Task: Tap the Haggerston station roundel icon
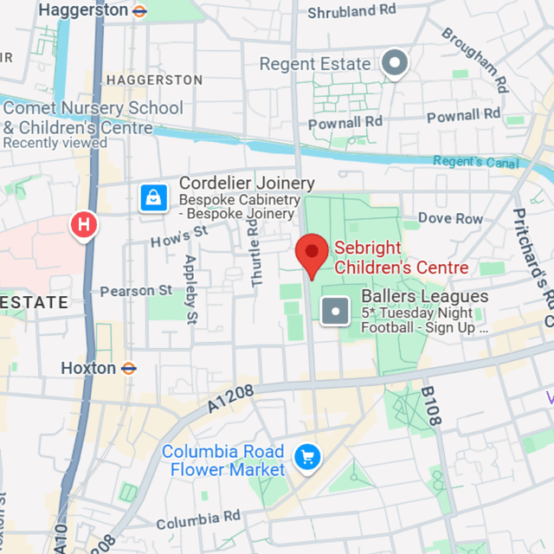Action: (139, 10)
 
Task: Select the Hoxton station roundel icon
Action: (128, 368)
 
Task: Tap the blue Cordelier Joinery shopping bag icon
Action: (153, 198)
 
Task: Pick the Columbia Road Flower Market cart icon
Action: (306, 456)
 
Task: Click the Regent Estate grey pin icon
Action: (396, 62)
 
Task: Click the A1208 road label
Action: (231, 399)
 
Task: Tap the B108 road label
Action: (430, 406)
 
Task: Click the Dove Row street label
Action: (450, 219)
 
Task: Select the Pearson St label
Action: (136, 291)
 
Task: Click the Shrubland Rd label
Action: (352, 11)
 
